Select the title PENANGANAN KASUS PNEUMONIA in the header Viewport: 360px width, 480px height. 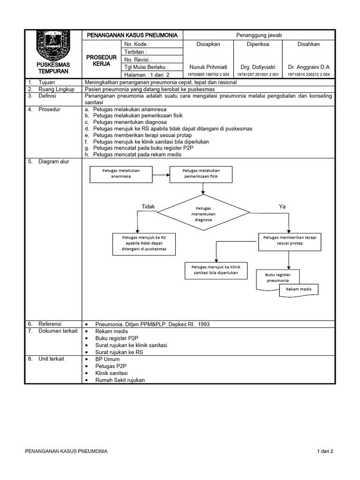coord(133,35)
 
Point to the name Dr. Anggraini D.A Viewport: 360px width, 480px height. coord(308,67)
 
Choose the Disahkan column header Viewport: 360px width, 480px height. coord(308,44)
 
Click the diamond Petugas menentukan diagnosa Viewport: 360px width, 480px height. coord(203,213)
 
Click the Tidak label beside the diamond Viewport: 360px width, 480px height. coord(148,207)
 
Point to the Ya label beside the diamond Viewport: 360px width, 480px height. coord(282,206)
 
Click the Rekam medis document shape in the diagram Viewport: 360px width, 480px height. coord(299,289)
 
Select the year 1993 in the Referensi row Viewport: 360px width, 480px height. coord(204,324)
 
